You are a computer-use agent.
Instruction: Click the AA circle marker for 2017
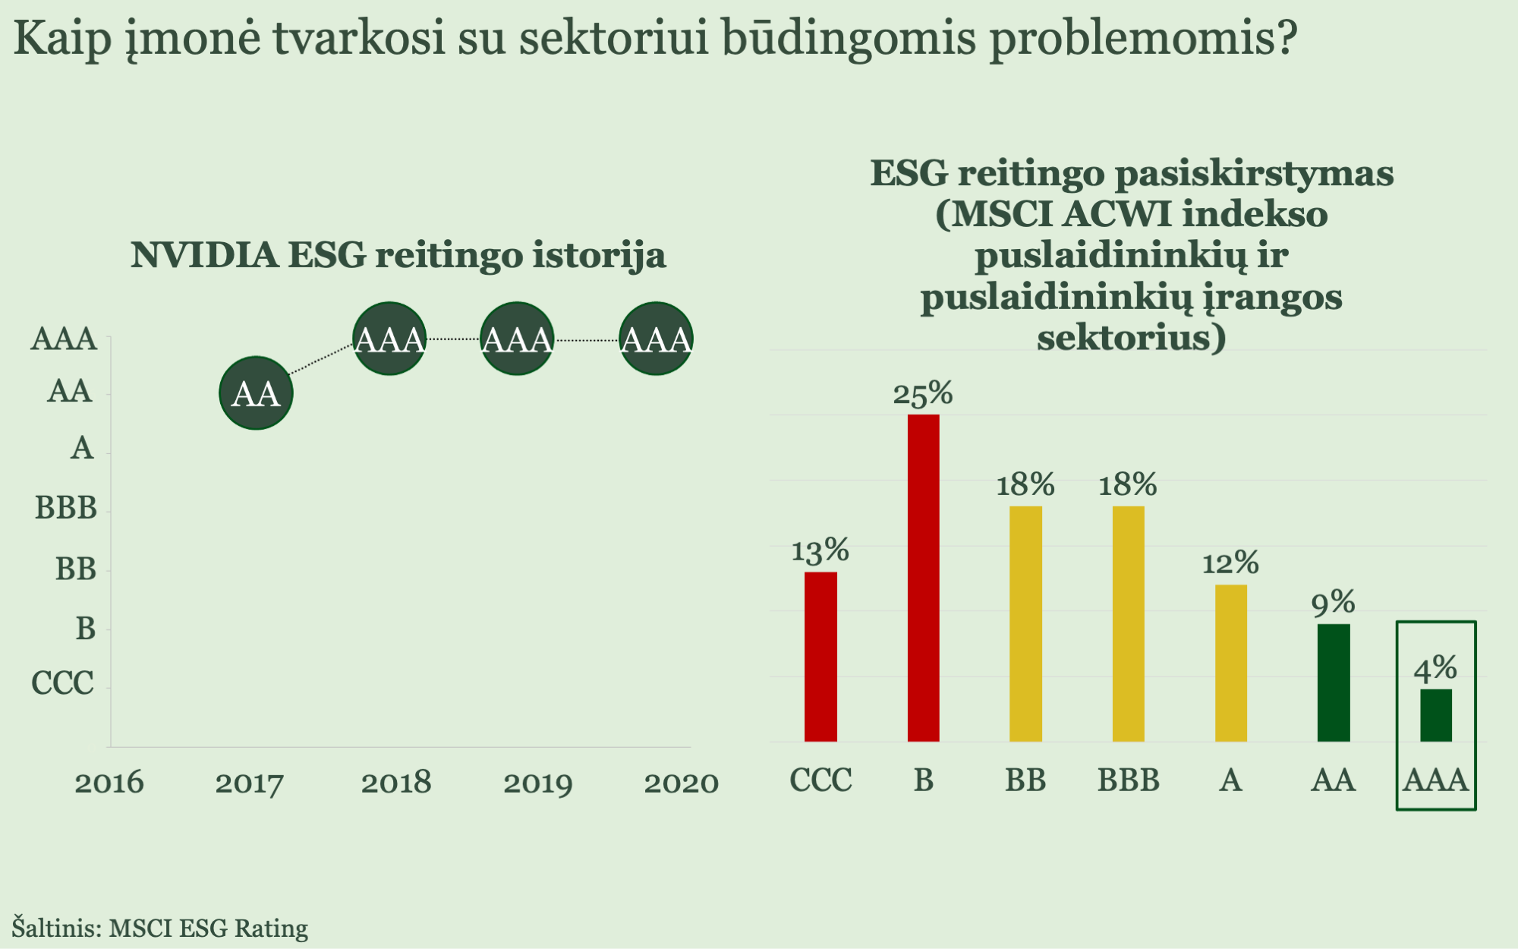(256, 393)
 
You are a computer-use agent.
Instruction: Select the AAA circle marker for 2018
(389, 339)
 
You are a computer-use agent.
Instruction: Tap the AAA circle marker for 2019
(517, 339)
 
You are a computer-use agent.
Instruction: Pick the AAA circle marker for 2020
(656, 339)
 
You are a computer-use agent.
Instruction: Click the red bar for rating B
(923, 578)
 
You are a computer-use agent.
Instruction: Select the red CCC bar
(820, 657)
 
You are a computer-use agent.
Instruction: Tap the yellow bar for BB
(1025, 624)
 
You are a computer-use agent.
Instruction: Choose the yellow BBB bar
(1128, 624)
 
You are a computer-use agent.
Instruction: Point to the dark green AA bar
(1334, 683)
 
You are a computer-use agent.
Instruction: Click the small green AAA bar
(1436, 715)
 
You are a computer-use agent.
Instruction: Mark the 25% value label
(923, 394)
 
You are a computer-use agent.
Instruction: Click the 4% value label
(1435, 669)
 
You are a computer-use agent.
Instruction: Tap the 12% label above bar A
(1230, 563)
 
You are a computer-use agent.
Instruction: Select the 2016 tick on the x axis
(109, 783)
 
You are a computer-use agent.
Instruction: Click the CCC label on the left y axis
(63, 683)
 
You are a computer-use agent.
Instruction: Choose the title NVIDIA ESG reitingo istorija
(398, 255)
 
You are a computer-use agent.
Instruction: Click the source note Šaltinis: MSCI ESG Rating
(160, 928)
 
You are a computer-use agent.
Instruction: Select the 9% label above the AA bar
(1334, 604)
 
